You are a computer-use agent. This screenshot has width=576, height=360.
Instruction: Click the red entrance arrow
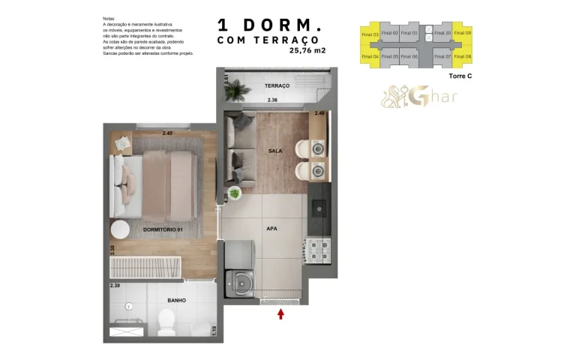click(x=281, y=313)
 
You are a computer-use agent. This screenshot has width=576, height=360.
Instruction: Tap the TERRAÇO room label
click(x=277, y=86)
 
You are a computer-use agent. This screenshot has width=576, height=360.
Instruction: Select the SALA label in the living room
click(x=275, y=151)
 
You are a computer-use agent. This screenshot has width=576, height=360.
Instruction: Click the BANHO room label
click(x=176, y=300)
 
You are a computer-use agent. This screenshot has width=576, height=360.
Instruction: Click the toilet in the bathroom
click(x=166, y=322)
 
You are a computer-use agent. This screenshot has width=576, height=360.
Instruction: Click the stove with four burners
click(x=316, y=248)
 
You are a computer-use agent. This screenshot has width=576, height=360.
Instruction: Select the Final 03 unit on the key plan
click(x=370, y=33)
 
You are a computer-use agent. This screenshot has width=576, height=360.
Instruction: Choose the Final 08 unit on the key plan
click(x=463, y=56)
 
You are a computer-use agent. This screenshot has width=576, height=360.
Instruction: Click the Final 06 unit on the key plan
click(x=409, y=56)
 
